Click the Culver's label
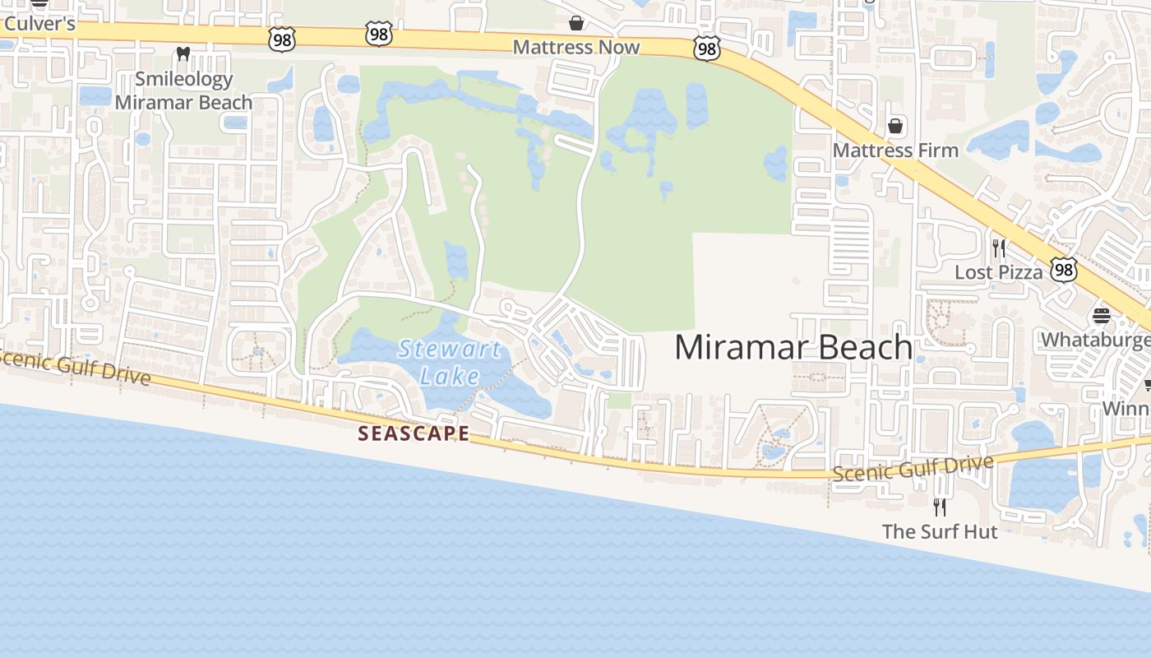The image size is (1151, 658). (39, 24)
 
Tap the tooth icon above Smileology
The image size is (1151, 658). (183, 54)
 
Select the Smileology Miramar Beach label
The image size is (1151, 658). (183, 90)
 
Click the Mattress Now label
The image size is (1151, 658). (575, 47)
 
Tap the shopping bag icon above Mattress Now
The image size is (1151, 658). (576, 22)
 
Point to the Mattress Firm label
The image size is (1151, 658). (895, 151)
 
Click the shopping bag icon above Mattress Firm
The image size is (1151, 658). (895, 126)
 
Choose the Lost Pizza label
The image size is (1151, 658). (998, 272)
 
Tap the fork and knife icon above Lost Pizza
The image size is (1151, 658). (999, 248)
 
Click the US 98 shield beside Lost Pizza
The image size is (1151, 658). (1064, 269)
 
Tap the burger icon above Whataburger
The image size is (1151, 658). (1101, 316)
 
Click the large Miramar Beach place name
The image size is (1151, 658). (793, 347)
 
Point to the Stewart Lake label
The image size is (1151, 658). (450, 362)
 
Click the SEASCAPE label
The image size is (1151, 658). (414, 433)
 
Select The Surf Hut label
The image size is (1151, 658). (940, 531)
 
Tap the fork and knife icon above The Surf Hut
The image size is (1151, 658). (940, 507)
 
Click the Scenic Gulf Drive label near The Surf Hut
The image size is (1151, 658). (913, 469)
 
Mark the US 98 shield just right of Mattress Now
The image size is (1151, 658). (706, 49)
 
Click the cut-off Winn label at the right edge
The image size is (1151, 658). (1126, 409)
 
